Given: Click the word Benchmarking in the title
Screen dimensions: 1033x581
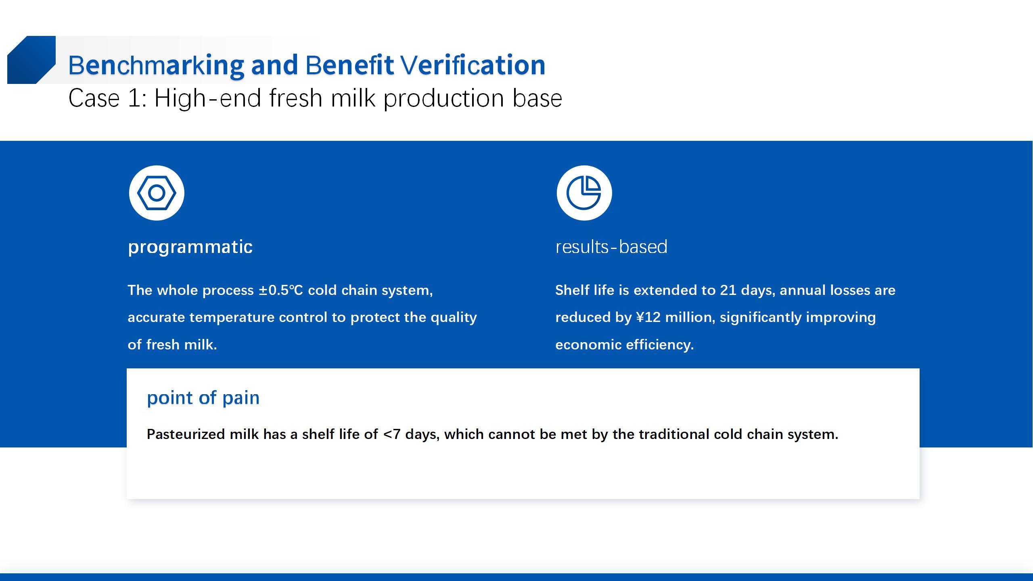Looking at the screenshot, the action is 156,65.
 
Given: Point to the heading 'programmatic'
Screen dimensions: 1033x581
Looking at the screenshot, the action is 190,247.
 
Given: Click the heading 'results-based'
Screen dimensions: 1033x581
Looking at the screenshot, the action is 611,247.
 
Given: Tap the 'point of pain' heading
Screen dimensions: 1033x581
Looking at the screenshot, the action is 203,398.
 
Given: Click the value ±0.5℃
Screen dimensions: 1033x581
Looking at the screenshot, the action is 281,290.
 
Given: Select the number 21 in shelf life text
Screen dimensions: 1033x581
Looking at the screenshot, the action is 728,290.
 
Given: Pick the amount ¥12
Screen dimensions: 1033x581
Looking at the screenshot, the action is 648,317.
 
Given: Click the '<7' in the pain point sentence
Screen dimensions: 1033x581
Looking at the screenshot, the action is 392,434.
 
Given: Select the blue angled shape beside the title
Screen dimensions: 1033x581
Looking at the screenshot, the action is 31,60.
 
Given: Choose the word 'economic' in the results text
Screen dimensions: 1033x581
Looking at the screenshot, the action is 588,345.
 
